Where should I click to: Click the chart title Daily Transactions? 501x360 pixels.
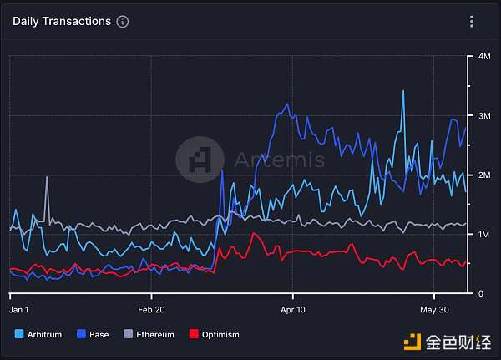[62, 21]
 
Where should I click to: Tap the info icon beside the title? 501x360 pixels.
[123, 22]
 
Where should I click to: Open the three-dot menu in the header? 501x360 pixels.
[472, 22]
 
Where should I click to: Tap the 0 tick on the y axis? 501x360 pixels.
[480, 294]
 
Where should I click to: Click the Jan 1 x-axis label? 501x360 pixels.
[18, 307]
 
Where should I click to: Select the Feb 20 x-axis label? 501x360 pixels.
[151, 307]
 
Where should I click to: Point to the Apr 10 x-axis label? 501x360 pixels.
[293, 307]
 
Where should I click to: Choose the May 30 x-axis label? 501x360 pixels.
[434, 307]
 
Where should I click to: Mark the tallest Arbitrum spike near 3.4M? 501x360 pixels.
[403, 91]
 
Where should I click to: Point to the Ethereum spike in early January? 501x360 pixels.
[47, 178]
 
